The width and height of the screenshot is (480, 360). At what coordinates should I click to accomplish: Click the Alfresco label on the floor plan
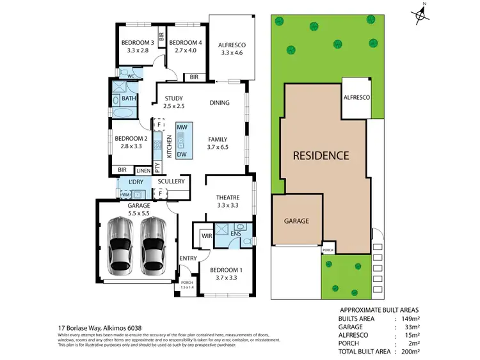click(232, 45)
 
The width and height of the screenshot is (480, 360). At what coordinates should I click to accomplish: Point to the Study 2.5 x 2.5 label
click(174, 98)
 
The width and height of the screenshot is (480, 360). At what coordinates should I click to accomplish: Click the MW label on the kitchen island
click(181, 128)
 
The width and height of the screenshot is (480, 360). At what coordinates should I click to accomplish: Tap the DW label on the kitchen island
click(181, 154)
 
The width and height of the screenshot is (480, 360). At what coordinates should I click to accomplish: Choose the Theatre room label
click(227, 198)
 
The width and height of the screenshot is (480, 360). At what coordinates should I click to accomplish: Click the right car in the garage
click(154, 244)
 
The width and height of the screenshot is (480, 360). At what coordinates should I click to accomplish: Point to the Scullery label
click(171, 182)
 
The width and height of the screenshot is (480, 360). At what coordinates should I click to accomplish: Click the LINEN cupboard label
click(143, 171)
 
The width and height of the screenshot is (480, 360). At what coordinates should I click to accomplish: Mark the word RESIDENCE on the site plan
click(321, 155)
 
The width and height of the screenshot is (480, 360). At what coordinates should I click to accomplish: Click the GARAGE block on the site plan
click(296, 221)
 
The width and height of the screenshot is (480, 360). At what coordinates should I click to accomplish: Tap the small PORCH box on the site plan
click(328, 249)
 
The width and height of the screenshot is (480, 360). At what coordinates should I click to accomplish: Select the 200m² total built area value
click(410, 352)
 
